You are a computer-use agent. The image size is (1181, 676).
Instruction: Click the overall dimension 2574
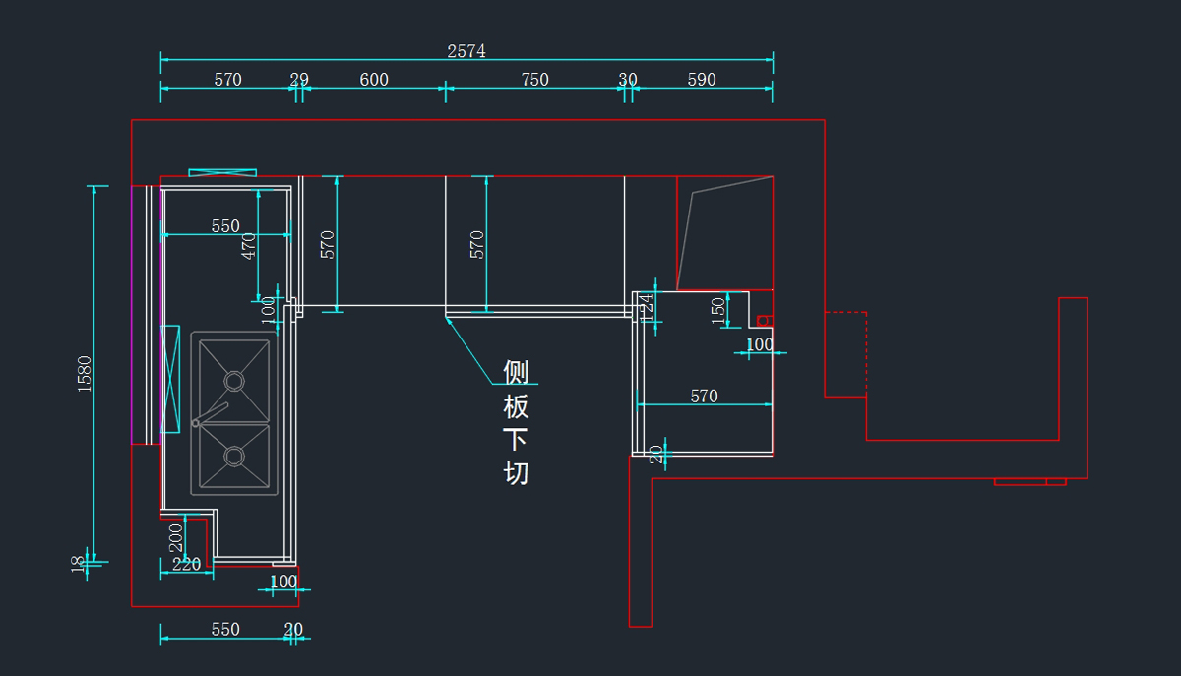[x=466, y=51]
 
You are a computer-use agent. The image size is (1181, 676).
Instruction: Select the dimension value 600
[x=374, y=80]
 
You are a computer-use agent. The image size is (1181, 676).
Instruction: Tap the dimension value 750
[x=534, y=80]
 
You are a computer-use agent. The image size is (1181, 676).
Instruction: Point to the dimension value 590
[x=702, y=80]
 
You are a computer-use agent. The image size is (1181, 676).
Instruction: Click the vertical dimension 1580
[x=84, y=374]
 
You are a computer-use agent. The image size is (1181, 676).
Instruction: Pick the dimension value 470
[x=248, y=246]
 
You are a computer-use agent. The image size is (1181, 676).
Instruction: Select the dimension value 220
[x=186, y=564]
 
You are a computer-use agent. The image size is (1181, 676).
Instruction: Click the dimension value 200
[x=176, y=537]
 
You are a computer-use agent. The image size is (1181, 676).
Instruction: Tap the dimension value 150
[x=718, y=310]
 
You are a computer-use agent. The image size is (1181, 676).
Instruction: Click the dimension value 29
[x=299, y=80]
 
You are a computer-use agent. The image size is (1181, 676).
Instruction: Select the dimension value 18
[x=78, y=564]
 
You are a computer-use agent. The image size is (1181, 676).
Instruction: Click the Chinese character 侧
[x=517, y=372]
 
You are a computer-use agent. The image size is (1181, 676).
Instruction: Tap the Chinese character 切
[x=517, y=473]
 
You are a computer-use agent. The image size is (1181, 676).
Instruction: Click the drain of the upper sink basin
[x=234, y=380]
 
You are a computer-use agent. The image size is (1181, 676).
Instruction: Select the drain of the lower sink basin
[x=234, y=456]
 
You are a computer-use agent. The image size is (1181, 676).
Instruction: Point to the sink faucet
[x=211, y=413]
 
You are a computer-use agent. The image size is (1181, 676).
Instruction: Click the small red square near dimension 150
[x=764, y=321]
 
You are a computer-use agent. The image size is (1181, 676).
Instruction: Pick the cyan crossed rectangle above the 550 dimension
[x=222, y=172]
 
